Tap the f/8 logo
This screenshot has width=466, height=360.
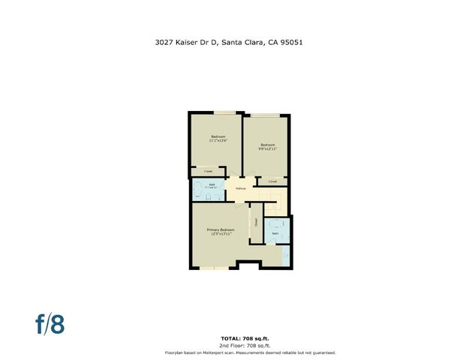click(50, 324)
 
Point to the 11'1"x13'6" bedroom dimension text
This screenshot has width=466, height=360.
click(218, 140)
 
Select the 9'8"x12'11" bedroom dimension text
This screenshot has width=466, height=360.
click(268, 148)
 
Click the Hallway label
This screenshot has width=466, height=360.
click(241, 188)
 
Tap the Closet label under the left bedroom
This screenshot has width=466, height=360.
click(208, 171)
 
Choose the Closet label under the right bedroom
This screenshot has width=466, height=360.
click(272, 181)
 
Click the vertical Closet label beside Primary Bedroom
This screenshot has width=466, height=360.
click(255, 222)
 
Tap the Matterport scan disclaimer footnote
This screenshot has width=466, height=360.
click(250, 352)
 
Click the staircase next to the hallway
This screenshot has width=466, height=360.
click(272, 207)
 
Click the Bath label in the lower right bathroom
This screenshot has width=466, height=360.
click(275, 234)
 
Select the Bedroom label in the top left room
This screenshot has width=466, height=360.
click(218, 136)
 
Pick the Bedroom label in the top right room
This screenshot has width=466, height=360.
click(268, 144)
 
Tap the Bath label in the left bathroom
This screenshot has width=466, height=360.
click(212, 184)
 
